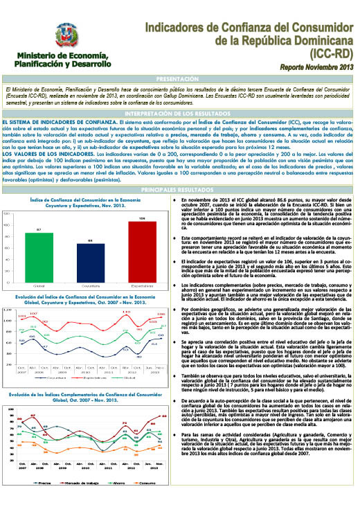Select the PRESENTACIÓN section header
[179, 80]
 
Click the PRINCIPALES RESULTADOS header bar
[179, 189]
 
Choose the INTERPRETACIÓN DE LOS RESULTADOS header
[179, 112]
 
